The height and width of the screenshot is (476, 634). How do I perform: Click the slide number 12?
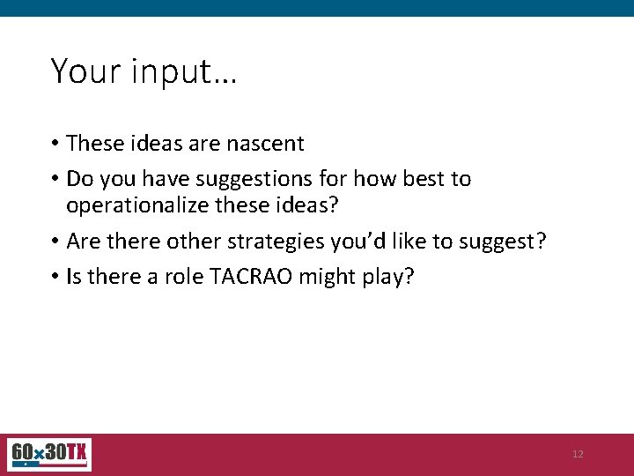click(578, 454)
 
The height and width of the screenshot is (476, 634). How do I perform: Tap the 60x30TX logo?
click(48, 455)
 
